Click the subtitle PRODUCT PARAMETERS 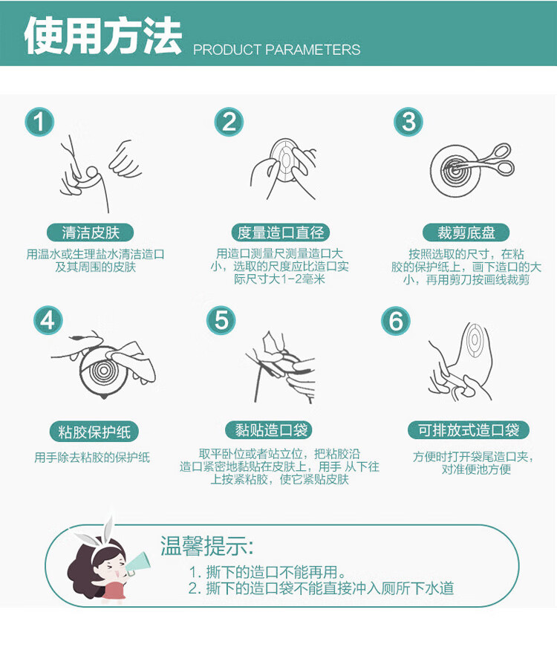[276, 50]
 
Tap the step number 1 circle [39, 121]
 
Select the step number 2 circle [229, 121]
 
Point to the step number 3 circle [408, 121]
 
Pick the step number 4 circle [48, 320]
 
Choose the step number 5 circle [221, 320]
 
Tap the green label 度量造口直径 [280, 233]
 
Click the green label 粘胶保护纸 [94, 432]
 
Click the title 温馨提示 [206, 546]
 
